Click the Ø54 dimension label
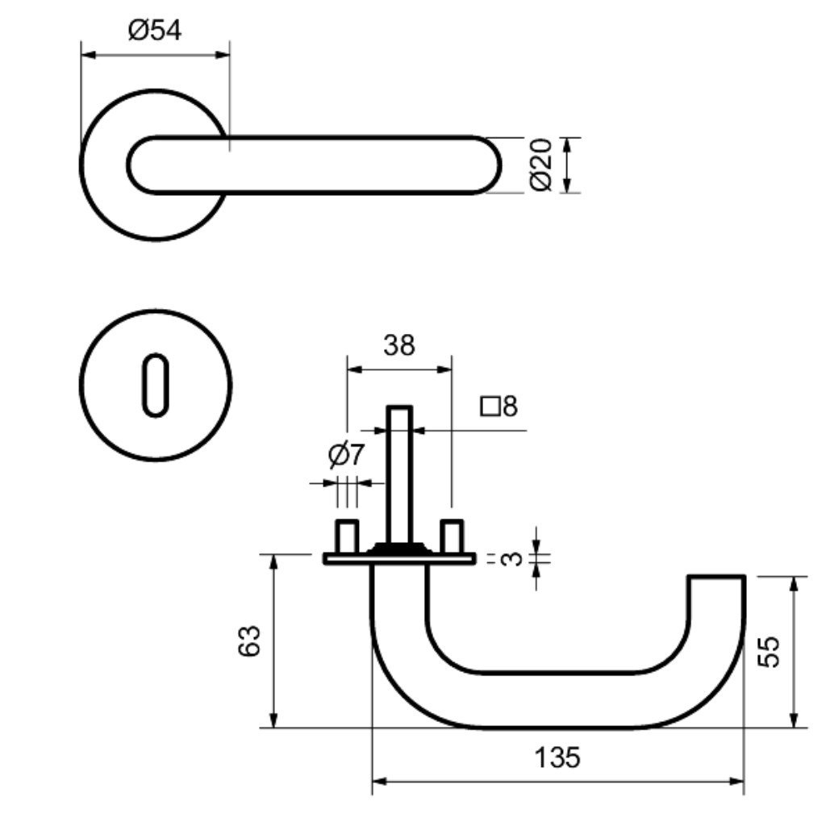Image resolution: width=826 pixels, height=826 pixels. click(x=155, y=31)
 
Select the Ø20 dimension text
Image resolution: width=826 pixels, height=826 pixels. click(x=541, y=165)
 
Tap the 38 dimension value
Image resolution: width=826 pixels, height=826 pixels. click(x=398, y=345)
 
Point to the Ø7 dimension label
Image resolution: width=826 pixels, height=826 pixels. click(x=346, y=456)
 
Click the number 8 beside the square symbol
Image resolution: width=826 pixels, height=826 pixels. click(x=509, y=406)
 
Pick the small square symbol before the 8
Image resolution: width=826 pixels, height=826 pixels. click(x=489, y=406)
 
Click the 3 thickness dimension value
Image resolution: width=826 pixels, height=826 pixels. click(x=507, y=558)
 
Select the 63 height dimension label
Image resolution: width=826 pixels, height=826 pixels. click(x=251, y=640)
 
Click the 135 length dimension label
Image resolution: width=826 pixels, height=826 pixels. click(x=557, y=758)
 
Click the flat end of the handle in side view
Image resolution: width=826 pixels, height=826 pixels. click(x=715, y=578)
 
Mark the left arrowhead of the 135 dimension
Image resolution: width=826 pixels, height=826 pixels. click(x=378, y=782)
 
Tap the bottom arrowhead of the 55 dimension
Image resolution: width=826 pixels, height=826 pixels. click(x=795, y=722)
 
